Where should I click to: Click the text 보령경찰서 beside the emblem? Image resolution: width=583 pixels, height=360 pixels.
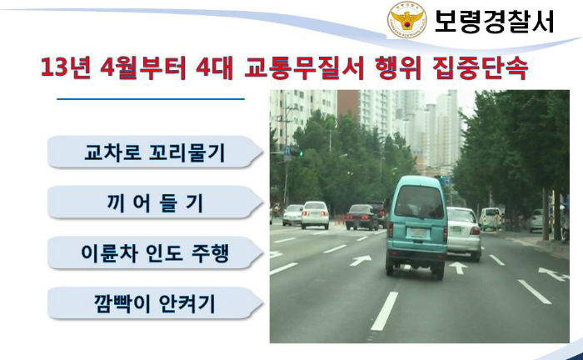coord(494,21)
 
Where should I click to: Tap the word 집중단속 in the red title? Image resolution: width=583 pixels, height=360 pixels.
coord(480,67)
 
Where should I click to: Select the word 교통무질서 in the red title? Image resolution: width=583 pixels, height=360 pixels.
coord(304,67)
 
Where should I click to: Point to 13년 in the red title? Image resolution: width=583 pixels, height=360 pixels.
coord(66,67)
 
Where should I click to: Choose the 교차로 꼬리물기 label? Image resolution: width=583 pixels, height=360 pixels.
coord(155,152)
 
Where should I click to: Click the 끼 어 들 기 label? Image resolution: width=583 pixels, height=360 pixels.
coord(155,203)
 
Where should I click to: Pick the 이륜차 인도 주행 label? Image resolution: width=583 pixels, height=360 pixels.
coord(155,253)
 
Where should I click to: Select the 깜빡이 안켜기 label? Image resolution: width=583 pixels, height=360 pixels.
coord(155,304)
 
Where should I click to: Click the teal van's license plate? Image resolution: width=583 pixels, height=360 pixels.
coord(419,233)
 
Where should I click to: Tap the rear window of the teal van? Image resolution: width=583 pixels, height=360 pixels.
coord(418,201)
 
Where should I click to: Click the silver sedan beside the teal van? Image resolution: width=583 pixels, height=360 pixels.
coord(463,232)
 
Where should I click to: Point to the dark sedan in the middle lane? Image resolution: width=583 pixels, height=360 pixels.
coord(361,217)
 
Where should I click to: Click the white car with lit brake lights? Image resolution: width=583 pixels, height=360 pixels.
coord(315,215)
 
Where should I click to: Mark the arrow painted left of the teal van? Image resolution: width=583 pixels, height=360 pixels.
coord(361,260)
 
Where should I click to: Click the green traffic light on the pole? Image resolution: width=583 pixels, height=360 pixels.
coord(301,152)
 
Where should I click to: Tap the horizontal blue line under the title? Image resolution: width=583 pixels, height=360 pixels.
coord(151,99)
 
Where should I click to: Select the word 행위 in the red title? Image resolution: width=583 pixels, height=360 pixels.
coord(397,67)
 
